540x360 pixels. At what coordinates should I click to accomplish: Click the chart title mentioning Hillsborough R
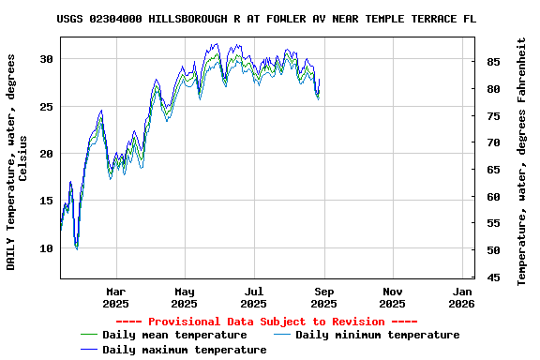point(266,19)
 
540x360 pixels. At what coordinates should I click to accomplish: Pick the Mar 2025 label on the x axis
point(115,297)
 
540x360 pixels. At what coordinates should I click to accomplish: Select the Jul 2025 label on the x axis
point(254,297)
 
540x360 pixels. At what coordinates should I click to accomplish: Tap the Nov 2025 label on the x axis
point(393,297)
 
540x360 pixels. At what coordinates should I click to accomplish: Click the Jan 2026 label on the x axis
point(461,297)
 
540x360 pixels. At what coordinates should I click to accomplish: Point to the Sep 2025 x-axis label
point(323,297)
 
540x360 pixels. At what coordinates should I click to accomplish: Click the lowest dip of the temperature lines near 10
point(76,247)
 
